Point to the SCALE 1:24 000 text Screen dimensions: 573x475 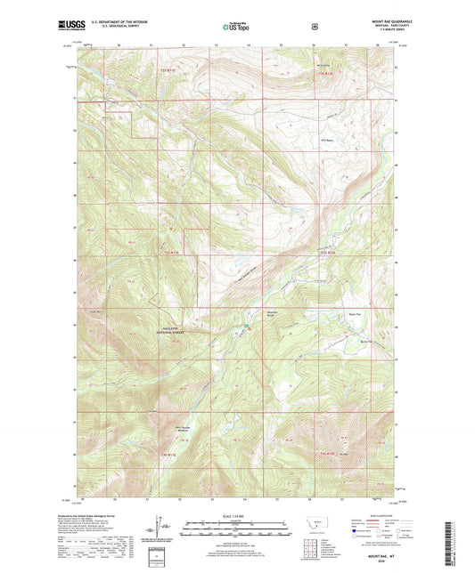coord(236,517)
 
